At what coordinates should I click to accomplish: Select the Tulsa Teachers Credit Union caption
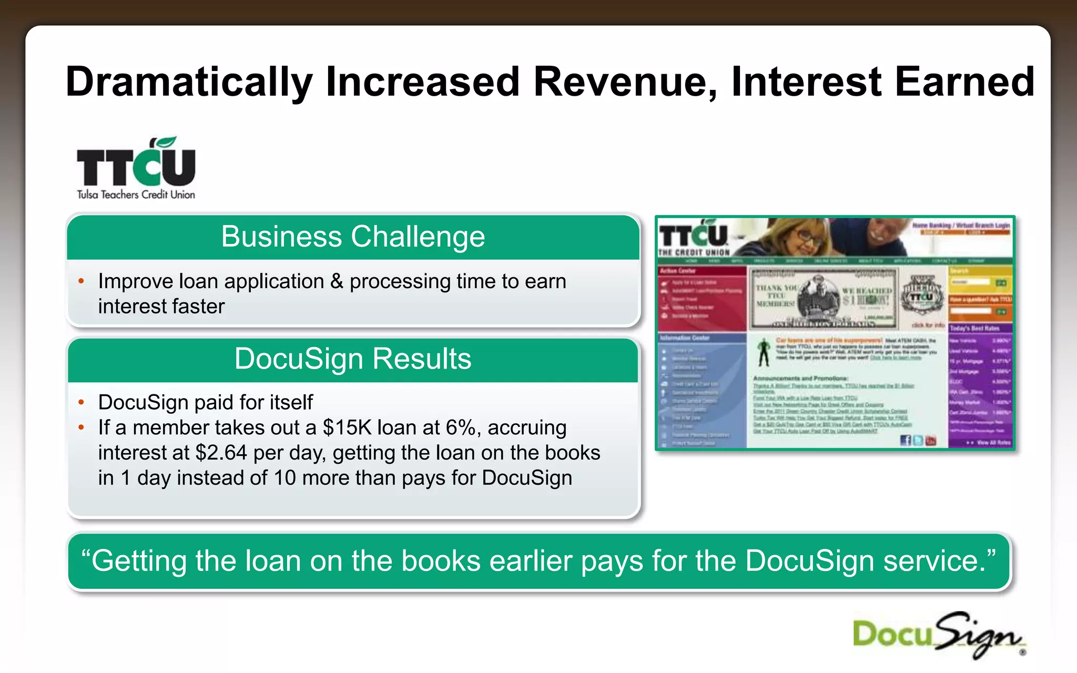[x=136, y=195]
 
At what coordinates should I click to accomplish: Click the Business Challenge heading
[x=353, y=237]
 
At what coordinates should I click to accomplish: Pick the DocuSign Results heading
[x=353, y=359]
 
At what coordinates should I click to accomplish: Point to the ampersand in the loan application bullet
[x=337, y=281]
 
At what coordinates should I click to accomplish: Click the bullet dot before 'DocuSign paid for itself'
[x=81, y=403]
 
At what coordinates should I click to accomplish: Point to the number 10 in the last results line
[x=285, y=478]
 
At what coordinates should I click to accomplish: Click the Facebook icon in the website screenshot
[x=905, y=441]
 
